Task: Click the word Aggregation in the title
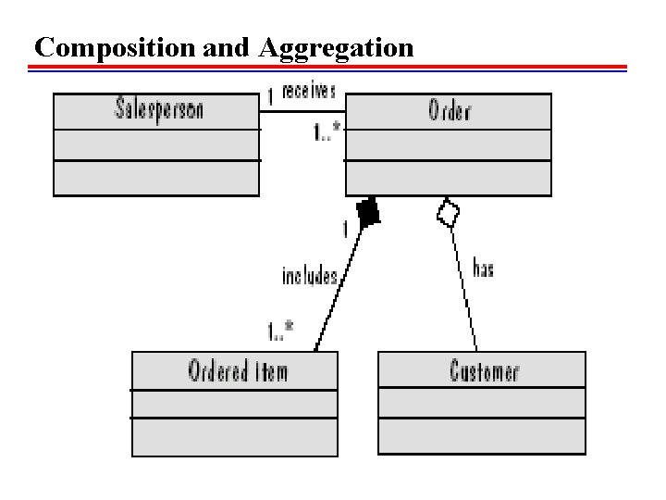click(x=337, y=47)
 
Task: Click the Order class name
click(x=449, y=111)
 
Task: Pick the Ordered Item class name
click(x=238, y=371)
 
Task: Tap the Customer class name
click(x=484, y=371)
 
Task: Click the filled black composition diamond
click(x=368, y=214)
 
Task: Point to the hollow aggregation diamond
click(x=448, y=213)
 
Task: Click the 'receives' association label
click(x=309, y=92)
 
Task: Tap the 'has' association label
click(x=483, y=269)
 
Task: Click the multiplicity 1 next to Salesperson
click(x=269, y=95)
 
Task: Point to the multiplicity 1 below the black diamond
click(x=346, y=229)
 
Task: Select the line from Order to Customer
click(x=464, y=287)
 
